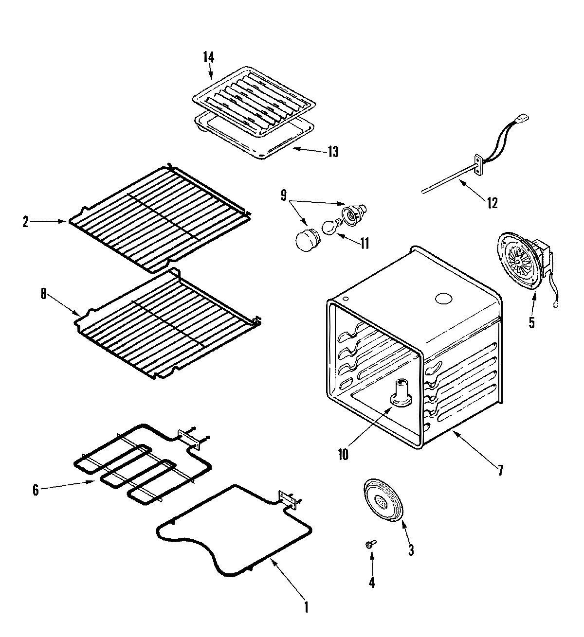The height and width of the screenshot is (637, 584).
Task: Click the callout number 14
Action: pyautogui.click(x=208, y=57)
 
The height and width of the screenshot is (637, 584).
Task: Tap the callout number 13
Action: pyautogui.click(x=332, y=151)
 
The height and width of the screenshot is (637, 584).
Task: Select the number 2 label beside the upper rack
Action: pyautogui.click(x=25, y=222)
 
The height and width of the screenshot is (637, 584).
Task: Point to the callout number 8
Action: pyautogui.click(x=43, y=295)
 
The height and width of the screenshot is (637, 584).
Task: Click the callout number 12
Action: pyautogui.click(x=492, y=203)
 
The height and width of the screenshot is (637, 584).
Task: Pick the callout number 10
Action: pyautogui.click(x=343, y=455)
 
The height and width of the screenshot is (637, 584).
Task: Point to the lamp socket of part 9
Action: pyautogui.click(x=351, y=212)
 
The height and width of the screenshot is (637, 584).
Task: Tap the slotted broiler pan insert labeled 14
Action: pyautogui.click(x=253, y=100)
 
